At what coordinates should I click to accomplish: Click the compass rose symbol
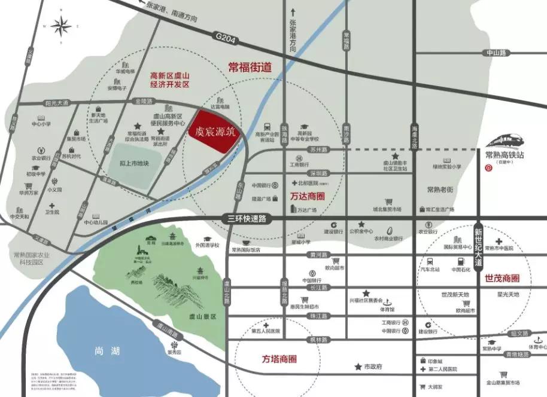click(x=62, y=27)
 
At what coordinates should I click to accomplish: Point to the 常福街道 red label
click(x=250, y=68)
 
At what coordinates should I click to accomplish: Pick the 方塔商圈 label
click(x=279, y=359)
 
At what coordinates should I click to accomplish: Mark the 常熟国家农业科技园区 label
click(x=38, y=258)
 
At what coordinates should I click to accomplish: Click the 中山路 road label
click(x=496, y=53)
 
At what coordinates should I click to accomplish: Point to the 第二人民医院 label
click(x=442, y=369)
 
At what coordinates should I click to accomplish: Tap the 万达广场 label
click(x=306, y=210)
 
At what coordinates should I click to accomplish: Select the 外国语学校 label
click(x=207, y=245)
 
